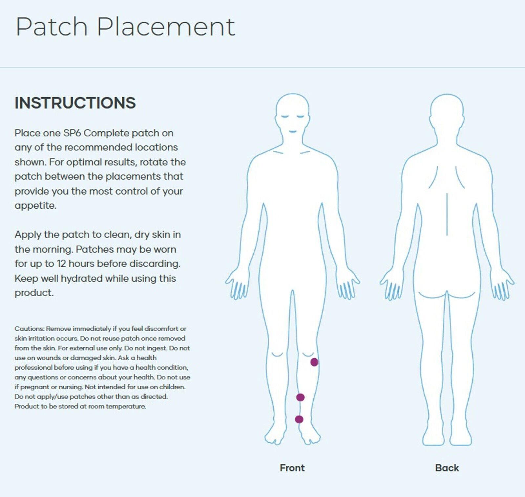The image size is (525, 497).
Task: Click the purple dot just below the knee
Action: (x=314, y=362)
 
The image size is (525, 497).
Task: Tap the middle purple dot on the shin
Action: (x=300, y=397)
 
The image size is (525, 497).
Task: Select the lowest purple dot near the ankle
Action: (x=299, y=419)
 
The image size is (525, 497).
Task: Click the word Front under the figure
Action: (x=292, y=468)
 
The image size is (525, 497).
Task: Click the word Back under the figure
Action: (x=447, y=468)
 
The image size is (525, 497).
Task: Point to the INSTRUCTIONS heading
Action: (x=75, y=103)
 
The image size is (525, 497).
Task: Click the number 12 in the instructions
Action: (x=61, y=263)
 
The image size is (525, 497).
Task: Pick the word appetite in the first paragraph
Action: (x=35, y=206)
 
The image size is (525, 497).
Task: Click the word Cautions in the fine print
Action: (x=29, y=328)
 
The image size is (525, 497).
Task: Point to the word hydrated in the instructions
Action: (x=82, y=279)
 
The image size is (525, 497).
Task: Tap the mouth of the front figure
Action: (x=292, y=132)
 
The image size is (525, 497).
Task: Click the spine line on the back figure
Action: (x=447, y=215)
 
